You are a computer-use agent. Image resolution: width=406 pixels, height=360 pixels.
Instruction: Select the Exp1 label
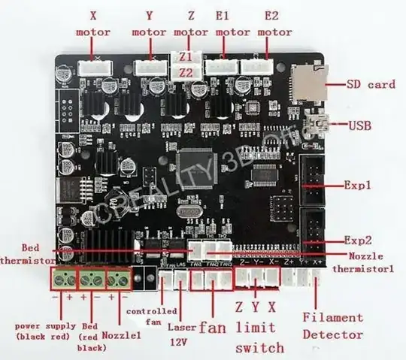pyautogui.click(x=359, y=183)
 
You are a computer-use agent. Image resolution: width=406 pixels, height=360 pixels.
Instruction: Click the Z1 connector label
pyautogui.click(x=185, y=57)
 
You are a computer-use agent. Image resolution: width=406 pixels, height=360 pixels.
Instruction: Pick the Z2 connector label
pyautogui.click(x=185, y=72)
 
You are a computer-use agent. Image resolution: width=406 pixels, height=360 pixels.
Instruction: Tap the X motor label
pyautogui.click(x=93, y=23)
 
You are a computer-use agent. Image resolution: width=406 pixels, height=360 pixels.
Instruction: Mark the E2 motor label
pyautogui.click(x=274, y=23)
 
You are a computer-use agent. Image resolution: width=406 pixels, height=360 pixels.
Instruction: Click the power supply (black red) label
pyautogui.click(x=46, y=331)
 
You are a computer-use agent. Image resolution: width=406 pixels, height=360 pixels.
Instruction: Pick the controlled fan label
pyautogui.click(x=152, y=316)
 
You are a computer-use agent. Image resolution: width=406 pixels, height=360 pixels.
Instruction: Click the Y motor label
pyautogui.click(x=149, y=23)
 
